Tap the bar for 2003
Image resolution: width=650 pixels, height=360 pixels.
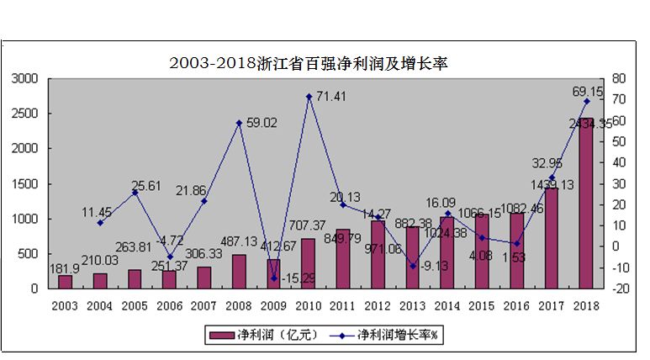click(65, 282)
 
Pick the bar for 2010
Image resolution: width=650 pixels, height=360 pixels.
click(309, 263)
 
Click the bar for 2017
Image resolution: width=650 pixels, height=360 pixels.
click(552, 238)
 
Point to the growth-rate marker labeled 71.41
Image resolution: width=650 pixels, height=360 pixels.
click(309, 96)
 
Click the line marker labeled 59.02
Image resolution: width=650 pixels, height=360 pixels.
click(239, 123)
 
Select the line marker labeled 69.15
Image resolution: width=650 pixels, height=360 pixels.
click(586, 101)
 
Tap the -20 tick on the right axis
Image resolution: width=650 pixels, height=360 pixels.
click(620, 289)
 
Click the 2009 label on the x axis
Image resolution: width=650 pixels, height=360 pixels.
click(273, 304)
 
